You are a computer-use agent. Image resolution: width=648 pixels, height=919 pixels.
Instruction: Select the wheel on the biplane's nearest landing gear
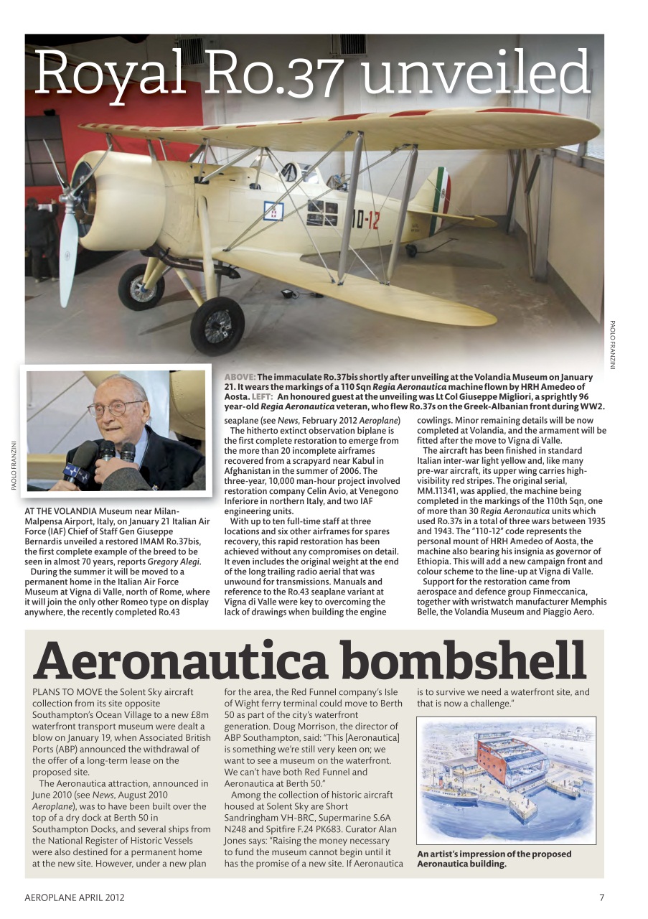pyautogui.click(x=217, y=325)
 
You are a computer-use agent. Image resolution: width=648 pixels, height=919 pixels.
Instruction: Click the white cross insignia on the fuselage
pyautogui.click(x=273, y=212)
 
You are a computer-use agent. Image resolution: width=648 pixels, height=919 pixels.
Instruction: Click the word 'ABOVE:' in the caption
pyautogui.click(x=240, y=377)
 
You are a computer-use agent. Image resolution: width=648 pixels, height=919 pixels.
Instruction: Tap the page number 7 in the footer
pyautogui.click(x=601, y=897)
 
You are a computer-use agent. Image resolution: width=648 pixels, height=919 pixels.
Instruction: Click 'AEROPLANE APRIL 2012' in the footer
pyautogui.click(x=70, y=897)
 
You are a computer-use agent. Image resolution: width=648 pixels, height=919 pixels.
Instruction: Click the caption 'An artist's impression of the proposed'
pyautogui.click(x=494, y=854)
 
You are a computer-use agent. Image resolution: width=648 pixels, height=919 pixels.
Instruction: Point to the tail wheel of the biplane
pyautogui.click(x=410, y=251)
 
